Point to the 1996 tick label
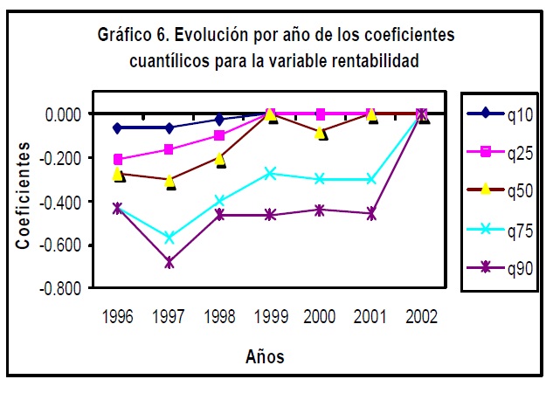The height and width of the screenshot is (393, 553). pos(118,315)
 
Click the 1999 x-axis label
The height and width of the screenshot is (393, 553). pos(271,315)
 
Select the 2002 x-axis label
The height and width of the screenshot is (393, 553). pos(423,315)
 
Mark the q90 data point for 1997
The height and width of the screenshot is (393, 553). pos(169,262)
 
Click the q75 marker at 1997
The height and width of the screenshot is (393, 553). pos(169,238)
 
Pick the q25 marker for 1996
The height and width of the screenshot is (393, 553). pos(118,160)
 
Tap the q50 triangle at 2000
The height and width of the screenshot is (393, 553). pos(321,132)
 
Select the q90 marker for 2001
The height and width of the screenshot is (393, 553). pos(372,213)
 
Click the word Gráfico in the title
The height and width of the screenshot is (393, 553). pos(125,36)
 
